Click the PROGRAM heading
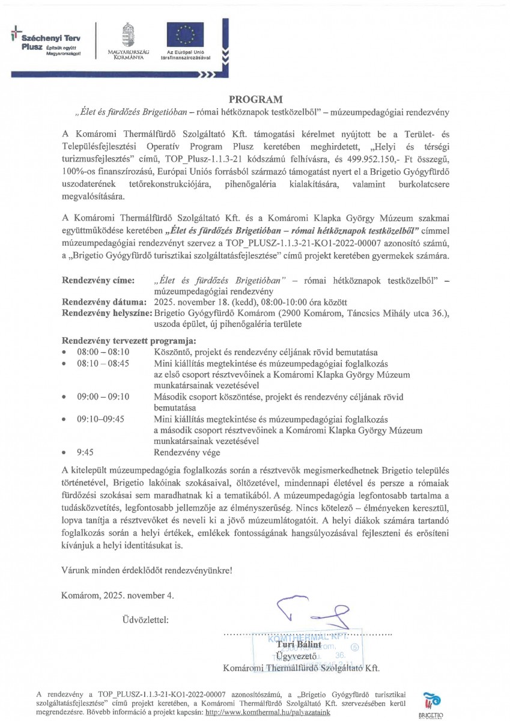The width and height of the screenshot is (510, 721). (x=255, y=99)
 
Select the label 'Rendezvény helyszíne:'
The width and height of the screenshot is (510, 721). (x=108, y=312)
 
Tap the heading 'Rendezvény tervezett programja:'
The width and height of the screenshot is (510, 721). (x=121, y=341)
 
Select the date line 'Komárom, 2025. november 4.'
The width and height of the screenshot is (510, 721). (x=118, y=596)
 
